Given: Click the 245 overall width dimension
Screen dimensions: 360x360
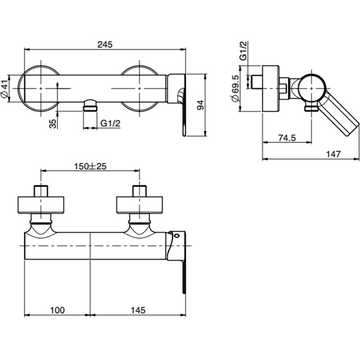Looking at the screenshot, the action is (x=105, y=44).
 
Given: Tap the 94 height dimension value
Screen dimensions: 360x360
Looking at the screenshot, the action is (x=200, y=105).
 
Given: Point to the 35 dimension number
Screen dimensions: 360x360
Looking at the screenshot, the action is (x=52, y=123).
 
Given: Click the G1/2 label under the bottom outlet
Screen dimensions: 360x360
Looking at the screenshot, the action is (x=110, y=123).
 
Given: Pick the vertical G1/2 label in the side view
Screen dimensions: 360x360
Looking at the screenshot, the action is (x=243, y=51).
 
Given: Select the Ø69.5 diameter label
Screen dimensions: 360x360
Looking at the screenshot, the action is (x=235, y=88).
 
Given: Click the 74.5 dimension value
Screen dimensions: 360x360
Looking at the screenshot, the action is (x=287, y=138).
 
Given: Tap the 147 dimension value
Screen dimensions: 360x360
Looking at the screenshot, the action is (x=333, y=154).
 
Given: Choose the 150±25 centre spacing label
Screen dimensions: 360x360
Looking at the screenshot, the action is (x=90, y=166).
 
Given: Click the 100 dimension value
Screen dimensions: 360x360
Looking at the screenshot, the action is (x=57, y=310).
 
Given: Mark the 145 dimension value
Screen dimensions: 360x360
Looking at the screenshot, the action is (x=138, y=310).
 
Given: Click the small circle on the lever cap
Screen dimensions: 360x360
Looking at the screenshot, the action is (x=176, y=236).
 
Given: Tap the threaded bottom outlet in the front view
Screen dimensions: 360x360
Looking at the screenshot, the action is (x=90, y=105).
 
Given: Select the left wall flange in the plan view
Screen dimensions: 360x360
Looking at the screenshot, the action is (x=41, y=205).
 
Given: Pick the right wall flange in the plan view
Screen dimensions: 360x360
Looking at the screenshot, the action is (x=140, y=205).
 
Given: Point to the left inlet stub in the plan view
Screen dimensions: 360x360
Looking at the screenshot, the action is (x=41, y=191).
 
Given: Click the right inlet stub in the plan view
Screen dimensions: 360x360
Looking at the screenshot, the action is (x=140, y=191).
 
